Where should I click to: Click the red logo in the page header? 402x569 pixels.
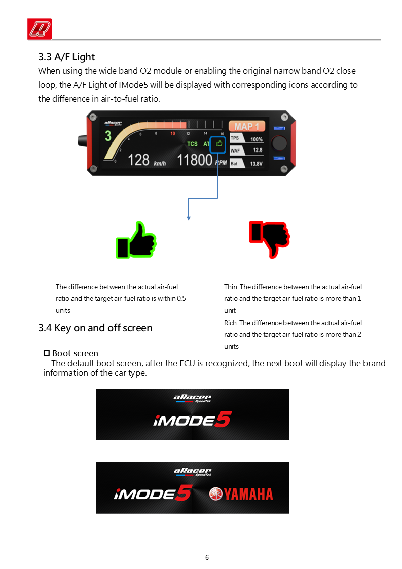pos(40,29)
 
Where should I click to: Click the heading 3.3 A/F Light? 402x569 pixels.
pos(66,57)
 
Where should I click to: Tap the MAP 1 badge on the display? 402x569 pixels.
pos(247,126)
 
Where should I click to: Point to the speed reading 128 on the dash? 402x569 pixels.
pos(138,160)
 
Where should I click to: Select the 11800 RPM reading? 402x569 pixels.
pos(202,160)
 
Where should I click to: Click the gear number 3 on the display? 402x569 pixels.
pos(108,136)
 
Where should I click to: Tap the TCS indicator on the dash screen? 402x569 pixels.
pos(192,144)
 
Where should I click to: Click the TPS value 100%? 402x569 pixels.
pos(257,139)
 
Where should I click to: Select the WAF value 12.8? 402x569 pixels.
pos(258,150)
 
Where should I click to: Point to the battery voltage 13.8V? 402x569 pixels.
pos(256,164)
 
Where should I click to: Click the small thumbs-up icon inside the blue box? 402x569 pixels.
pos(219,144)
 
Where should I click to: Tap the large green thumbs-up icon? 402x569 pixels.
pos(136,240)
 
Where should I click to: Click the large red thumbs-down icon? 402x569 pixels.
pos(270,240)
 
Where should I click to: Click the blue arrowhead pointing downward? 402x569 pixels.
pos(189,218)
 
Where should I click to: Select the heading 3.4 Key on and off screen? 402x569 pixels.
pos(95,328)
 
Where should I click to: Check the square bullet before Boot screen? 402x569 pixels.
pos(47,353)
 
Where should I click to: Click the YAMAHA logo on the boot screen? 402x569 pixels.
pos(241,494)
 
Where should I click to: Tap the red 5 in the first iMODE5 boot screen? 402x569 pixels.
pos(223,419)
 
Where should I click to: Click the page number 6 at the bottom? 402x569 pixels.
pos(207,557)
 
